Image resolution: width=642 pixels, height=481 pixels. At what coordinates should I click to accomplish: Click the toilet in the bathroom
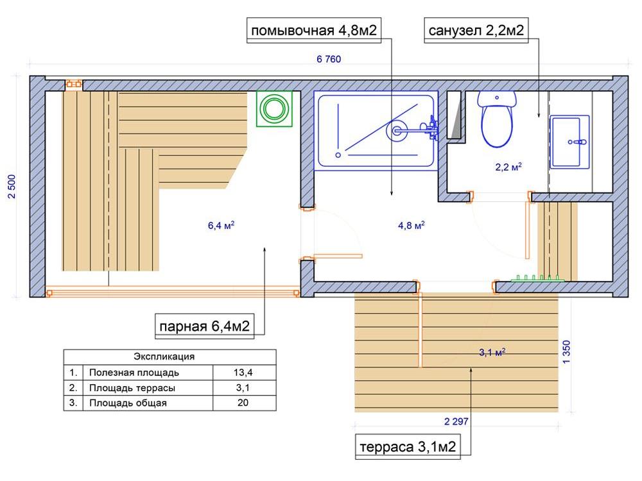tap(497, 119)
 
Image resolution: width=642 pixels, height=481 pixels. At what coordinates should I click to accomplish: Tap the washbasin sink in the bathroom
tap(569, 142)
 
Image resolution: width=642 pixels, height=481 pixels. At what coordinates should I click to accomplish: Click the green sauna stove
tap(274, 109)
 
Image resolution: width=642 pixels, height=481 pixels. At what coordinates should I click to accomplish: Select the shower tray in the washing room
tap(376, 131)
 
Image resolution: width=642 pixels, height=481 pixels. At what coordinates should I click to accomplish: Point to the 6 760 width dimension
tap(328, 59)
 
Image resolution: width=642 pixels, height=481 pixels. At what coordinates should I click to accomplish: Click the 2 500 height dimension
tap(12, 187)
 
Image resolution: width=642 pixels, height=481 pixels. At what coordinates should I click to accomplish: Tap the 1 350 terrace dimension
tap(566, 351)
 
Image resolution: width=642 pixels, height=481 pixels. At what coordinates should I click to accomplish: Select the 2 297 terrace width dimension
tap(456, 421)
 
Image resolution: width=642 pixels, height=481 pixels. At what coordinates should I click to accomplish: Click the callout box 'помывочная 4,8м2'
tap(314, 30)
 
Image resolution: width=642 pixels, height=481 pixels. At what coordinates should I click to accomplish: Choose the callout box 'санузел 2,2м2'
tap(476, 30)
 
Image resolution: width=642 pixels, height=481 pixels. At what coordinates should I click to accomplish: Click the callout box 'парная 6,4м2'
tap(204, 326)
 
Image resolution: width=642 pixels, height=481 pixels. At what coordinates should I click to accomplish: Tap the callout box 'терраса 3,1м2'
tap(408, 446)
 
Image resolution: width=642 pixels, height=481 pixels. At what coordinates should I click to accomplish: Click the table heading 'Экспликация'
tap(164, 357)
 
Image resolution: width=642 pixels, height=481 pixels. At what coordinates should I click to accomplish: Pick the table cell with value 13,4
tap(243, 373)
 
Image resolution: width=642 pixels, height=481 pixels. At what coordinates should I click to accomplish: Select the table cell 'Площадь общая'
tap(128, 403)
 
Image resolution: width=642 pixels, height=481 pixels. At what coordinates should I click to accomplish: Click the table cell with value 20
tap(243, 403)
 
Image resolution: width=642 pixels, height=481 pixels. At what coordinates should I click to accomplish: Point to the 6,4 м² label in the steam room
tap(221, 225)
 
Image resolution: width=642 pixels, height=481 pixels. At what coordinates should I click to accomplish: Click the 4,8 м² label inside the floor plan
tap(411, 225)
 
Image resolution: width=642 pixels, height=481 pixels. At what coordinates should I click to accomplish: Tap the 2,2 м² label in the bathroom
tap(508, 167)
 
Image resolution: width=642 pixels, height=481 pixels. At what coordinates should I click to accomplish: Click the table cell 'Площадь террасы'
tap(132, 388)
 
